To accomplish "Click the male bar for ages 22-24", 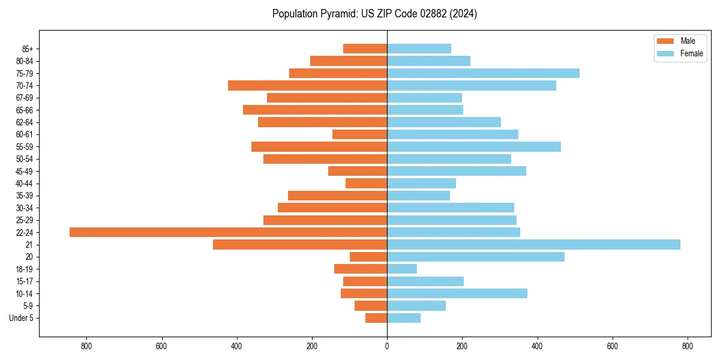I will pyautogui.click(x=228, y=232).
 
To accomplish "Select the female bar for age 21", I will pyautogui.click(x=533, y=245).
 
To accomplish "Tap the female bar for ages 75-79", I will pyautogui.click(x=483, y=73).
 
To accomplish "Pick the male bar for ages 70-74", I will pyautogui.click(x=307, y=86).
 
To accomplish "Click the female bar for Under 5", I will pyautogui.click(x=404, y=318).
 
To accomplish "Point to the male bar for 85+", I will pyautogui.click(x=365, y=49).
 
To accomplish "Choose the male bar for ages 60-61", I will pyautogui.click(x=359, y=134).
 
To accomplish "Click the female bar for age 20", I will pyautogui.click(x=476, y=257).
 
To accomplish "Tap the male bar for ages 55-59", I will pyautogui.click(x=319, y=147).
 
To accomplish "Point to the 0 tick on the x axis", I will pyautogui.click(x=387, y=346).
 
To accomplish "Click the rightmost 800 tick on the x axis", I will pyautogui.click(x=688, y=346).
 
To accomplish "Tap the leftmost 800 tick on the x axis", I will pyautogui.click(x=86, y=346).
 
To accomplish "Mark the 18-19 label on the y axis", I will pyautogui.click(x=25, y=269).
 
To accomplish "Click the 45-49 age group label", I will pyautogui.click(x=25, y=172).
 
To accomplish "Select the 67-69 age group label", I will pyautogui.click(x=25, y=98).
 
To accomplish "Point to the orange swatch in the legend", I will pyautogui.click(x=666, y=41).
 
